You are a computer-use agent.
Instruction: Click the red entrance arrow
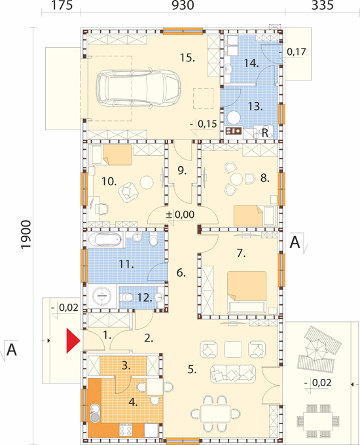pyautogui.click(x=73, y=340)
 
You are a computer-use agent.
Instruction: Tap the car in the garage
pyautogui.click(x=138, y=88)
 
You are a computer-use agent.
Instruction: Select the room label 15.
pyautogui.click(x=188, y=58)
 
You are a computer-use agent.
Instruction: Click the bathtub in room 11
pyautogui.click(x=105, y=240)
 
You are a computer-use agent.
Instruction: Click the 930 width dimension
pyautogui.click(x=183, y=5)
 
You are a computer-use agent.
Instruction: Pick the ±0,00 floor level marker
pyautogui.click(x=180, y=215)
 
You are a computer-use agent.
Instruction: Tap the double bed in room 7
pyautogui.click(x=247, y=291)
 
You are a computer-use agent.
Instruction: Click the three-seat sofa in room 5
pyautogui.click(x=233, y=373)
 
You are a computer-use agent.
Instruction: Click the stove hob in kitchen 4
pyautogui.click(x=126, y=430)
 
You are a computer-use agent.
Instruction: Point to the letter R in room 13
pyautogui.click(x=265, y=133)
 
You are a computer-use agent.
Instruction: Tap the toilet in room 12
pyautogui.click(x=126, y=298)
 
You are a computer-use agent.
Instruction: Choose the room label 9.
pyautogui.click(x=182, y=170)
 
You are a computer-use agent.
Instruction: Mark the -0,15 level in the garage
pyautogui.click(x=204, y=124)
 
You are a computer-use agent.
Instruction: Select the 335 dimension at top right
pyautogui.click(x=323, y=5)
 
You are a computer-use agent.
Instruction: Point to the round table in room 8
pyautogui.click(x=236, y=179)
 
